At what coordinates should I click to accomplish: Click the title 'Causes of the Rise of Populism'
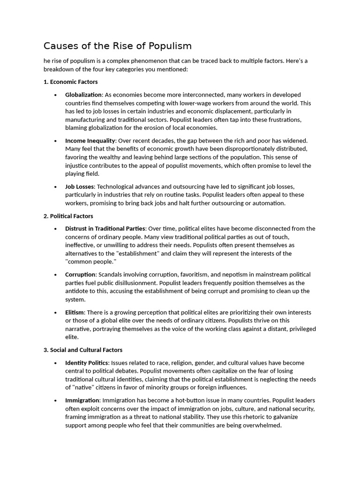(x=118, y=46)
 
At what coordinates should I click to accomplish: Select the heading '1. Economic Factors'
(x=70, y=82)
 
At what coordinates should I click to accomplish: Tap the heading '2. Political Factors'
(x=68, y=216)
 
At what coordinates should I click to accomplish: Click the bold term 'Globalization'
(x=83, y=95)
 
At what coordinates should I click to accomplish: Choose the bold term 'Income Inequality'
(x=90, y=141)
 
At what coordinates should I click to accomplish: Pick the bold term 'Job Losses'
(x=80, y=187)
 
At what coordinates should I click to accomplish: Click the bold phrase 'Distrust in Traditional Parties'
(x=105, y=229)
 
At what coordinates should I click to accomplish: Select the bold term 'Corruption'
(x=81, y=275)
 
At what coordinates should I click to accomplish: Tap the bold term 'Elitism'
(x=75, y=313)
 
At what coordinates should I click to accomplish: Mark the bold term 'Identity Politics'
(x=87, y=363)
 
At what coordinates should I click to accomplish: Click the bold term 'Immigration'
(x=82, y=400)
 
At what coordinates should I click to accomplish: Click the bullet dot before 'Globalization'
(x=55, y=95)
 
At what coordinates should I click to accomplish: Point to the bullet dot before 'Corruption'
(x=55, y=275)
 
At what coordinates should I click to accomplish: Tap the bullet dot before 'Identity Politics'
(x=55, y=363)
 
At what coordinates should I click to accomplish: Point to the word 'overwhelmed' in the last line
(x=262, y=426)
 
